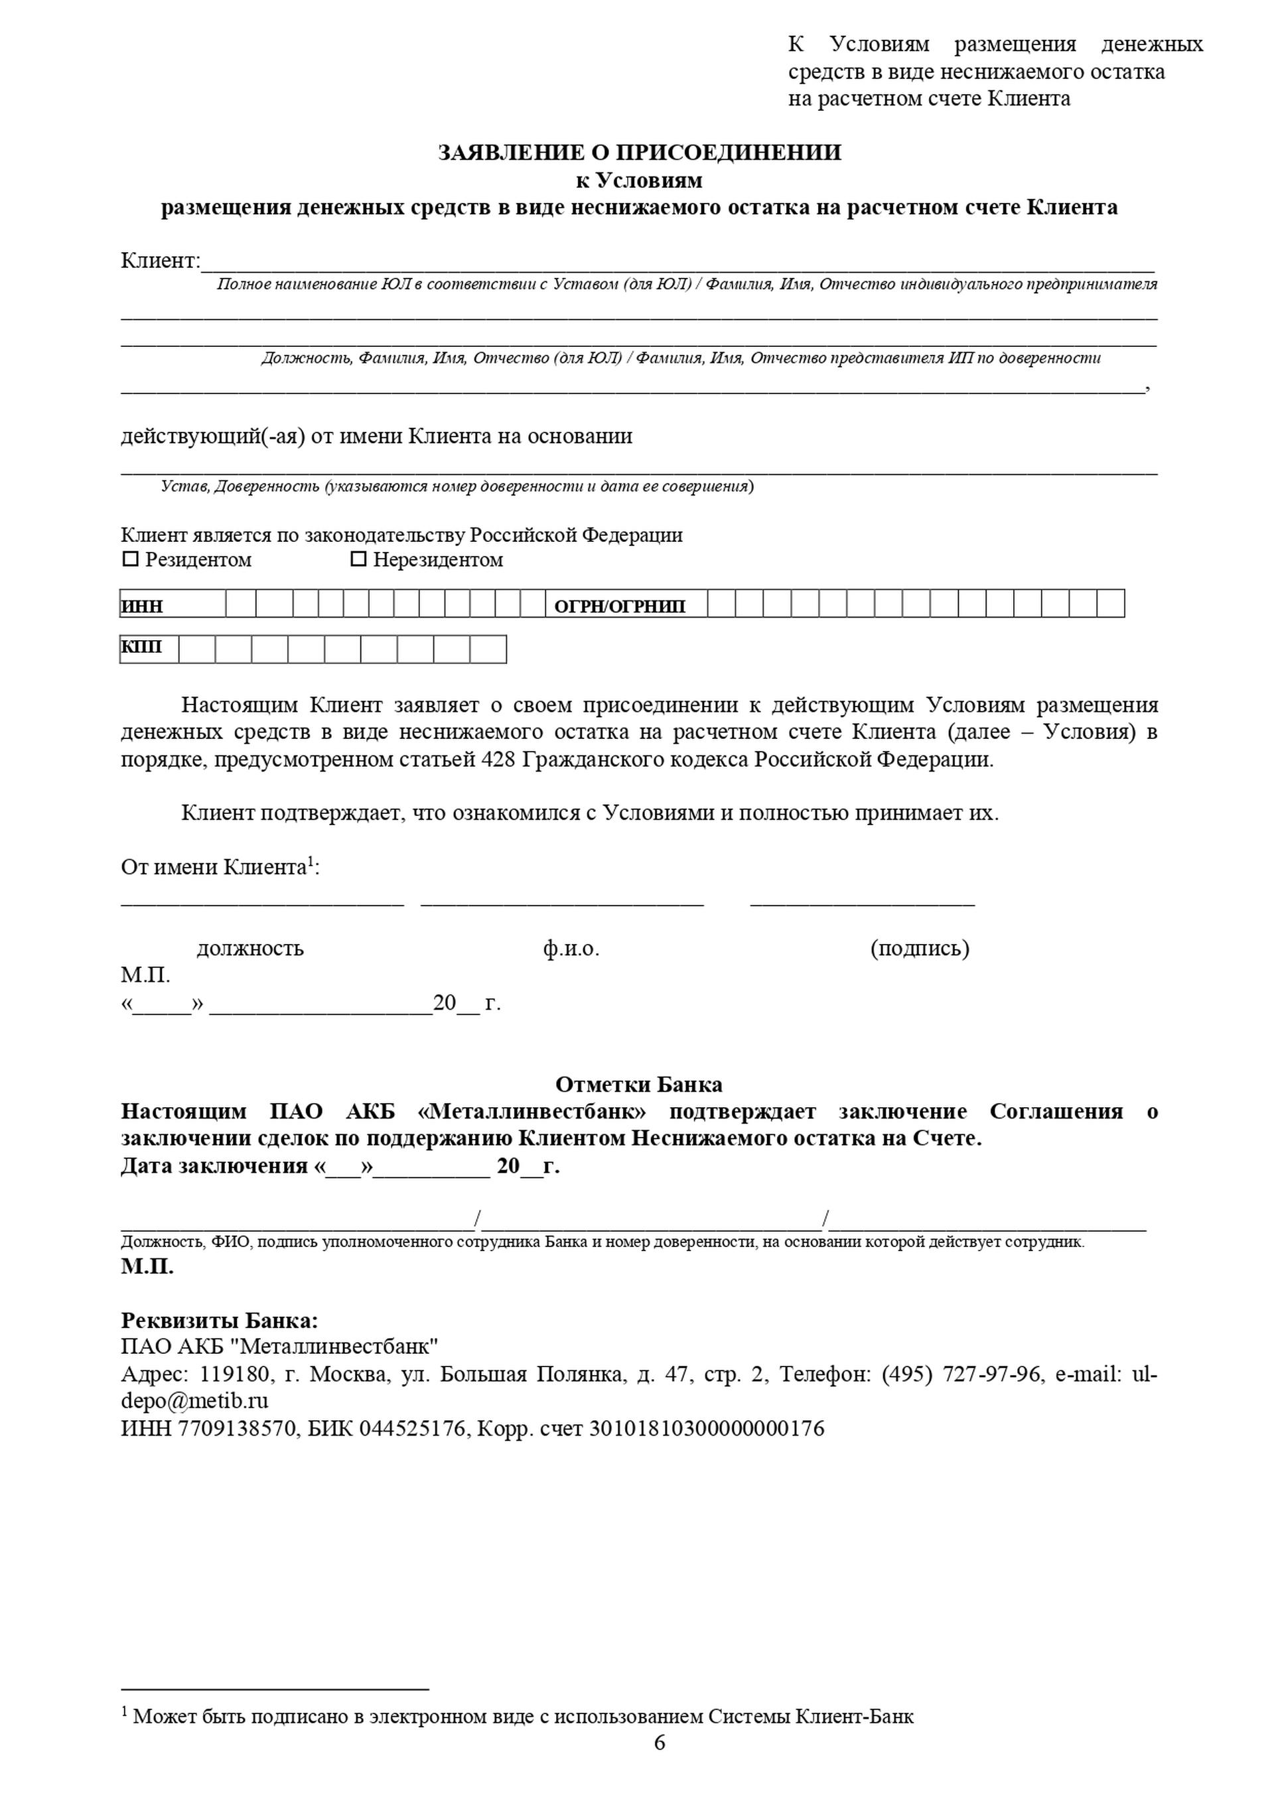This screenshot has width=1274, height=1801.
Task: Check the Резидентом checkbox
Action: point(130,559)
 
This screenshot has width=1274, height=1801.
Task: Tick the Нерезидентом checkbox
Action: point(358,559)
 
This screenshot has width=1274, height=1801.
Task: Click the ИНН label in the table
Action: point(143,606)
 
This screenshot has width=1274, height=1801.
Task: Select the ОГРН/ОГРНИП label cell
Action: point(620,606)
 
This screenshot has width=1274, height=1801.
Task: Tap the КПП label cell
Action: point(142,647)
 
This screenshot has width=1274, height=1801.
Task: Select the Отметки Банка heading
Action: point(638,1085)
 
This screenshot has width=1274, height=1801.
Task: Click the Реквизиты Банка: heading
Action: point(220,1321)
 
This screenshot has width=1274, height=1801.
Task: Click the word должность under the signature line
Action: point(250,949)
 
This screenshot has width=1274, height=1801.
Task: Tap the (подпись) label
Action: point(920,949)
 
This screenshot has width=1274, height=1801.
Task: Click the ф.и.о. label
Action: point(571,949)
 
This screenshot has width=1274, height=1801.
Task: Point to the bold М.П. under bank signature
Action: point(147,1267)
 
